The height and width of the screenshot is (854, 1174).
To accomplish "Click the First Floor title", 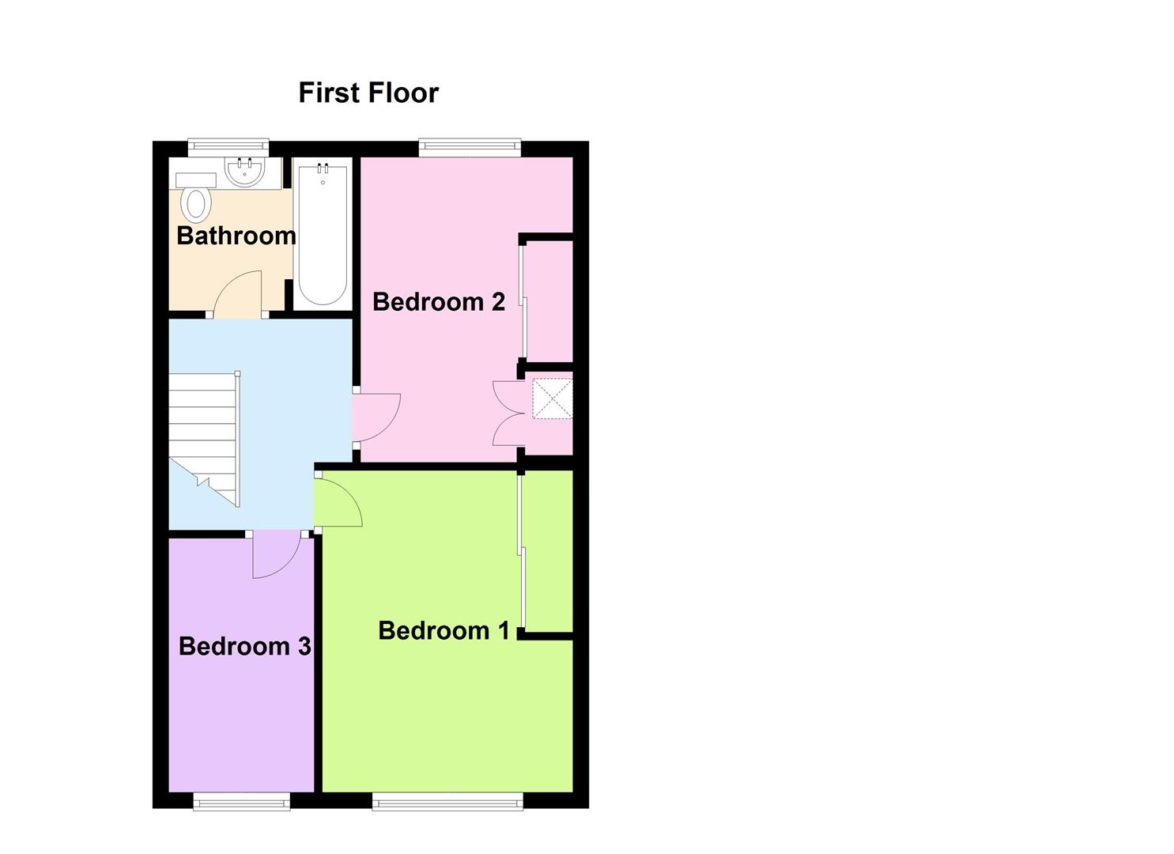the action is [368, 93].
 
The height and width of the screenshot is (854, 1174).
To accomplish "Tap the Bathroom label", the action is [236, 236].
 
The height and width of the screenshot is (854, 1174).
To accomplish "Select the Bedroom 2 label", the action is [439, 302].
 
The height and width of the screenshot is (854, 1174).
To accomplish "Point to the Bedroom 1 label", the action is [444, 630].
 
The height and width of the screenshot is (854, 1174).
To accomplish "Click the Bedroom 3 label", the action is [245, 646].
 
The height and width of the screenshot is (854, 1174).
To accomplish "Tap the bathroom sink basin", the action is [245, 172].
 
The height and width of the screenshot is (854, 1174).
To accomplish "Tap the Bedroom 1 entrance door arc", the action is [349, 494].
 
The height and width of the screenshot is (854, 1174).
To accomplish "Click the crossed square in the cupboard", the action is [553, 399].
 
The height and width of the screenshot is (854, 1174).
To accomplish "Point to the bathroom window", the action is [228, 149].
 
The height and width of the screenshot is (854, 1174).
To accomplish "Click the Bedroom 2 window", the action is [470, 149].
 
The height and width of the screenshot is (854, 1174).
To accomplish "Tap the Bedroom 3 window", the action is [242, 800].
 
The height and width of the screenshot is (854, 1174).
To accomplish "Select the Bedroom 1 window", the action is [447, 800].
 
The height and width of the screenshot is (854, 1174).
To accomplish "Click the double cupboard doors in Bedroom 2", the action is [508, 414].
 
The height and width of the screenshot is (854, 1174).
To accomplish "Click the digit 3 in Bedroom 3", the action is [304, 646].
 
